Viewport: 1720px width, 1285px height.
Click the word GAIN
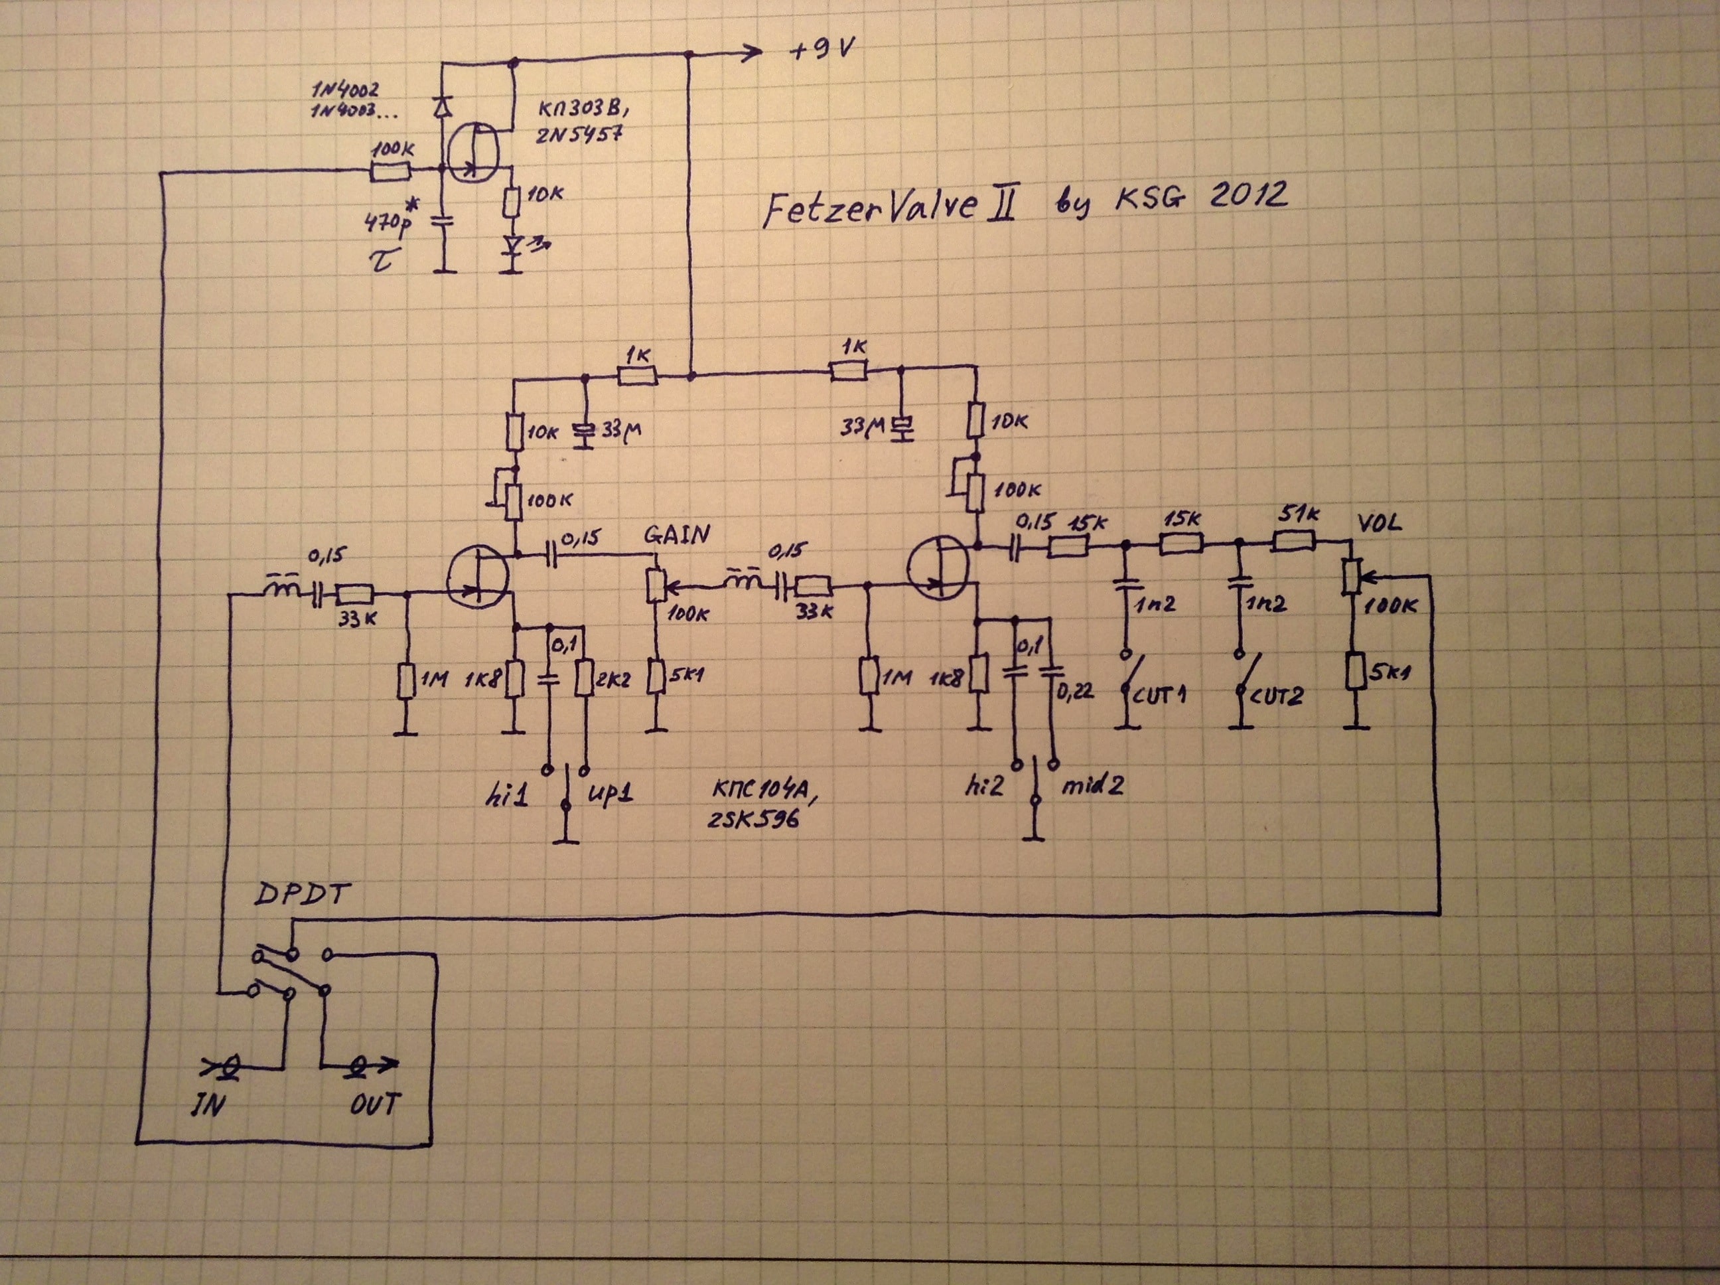point(676,534)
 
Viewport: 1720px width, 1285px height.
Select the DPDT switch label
point(302,895)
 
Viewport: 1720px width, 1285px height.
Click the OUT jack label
point(375,1104)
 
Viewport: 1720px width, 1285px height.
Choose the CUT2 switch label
point(1273,696)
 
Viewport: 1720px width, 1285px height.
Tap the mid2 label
point(1092,787)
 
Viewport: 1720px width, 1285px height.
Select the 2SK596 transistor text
point(752,818)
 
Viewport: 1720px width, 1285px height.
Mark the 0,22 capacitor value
point(1076,689)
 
